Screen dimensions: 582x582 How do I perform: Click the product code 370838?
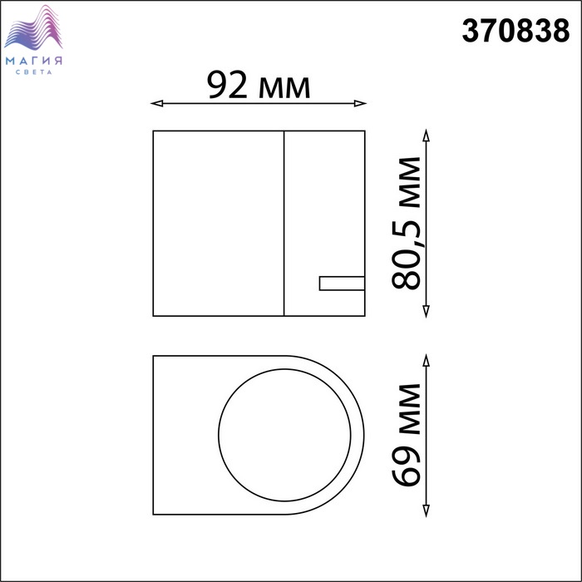515,31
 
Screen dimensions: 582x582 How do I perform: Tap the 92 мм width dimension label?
259,86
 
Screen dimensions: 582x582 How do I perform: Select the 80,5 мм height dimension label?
406,223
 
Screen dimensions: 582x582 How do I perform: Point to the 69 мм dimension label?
406,435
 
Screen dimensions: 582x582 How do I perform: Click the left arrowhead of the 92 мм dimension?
156,103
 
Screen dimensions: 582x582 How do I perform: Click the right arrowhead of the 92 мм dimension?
360,103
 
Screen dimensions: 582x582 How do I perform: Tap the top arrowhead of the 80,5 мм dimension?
426,136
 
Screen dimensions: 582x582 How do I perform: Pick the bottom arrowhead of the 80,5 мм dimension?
426,312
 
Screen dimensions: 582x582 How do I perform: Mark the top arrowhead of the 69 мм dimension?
426,360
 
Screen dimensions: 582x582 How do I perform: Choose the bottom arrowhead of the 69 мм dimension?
426,510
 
